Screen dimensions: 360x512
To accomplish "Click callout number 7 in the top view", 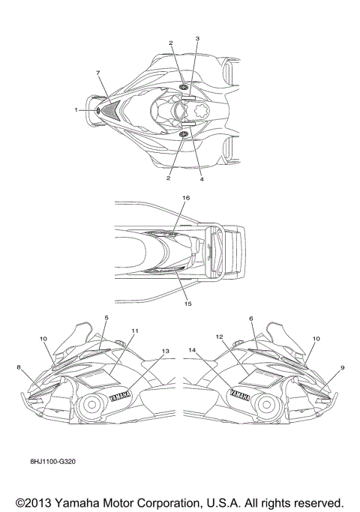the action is (x=97, y=73).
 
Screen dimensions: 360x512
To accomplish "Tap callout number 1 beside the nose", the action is (x=76, y=110).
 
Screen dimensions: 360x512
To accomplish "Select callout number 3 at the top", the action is (x=197, y=38).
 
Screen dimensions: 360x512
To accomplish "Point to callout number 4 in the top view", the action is (x=202, y=179).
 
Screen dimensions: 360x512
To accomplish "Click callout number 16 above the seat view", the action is (x=186, y=198).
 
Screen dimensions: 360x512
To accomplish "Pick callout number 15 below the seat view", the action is (x=187, y=304).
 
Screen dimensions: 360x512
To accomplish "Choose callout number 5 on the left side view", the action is (x=106, y=317).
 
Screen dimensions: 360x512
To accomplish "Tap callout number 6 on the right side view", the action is (x=251, y=319).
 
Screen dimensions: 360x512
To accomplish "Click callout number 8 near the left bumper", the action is (x=19, y=367).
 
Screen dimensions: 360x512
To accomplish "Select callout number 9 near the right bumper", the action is (x=342, y=367).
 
